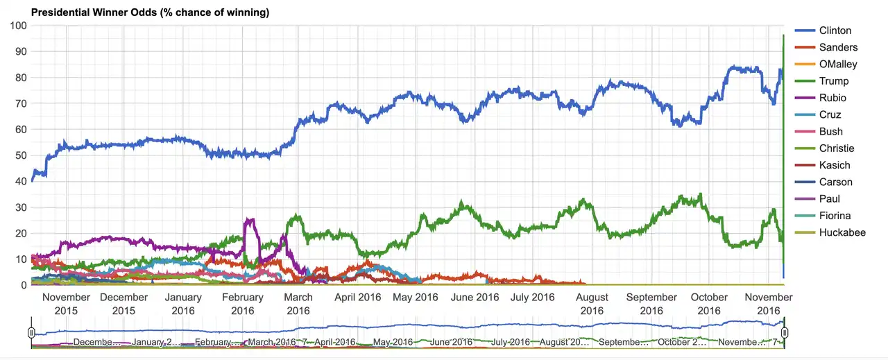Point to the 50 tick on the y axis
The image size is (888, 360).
point(20,155)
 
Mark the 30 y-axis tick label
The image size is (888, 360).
point(20,207)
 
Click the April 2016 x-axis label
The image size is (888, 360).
point(358,298)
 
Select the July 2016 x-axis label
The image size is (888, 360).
point(532,298)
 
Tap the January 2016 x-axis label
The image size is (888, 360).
point(183,304)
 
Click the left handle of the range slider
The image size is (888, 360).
point(31,333)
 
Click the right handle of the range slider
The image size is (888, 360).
point(785,333)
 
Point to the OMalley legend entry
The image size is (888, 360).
point(838,64)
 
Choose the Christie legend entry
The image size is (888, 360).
point(836,148)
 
